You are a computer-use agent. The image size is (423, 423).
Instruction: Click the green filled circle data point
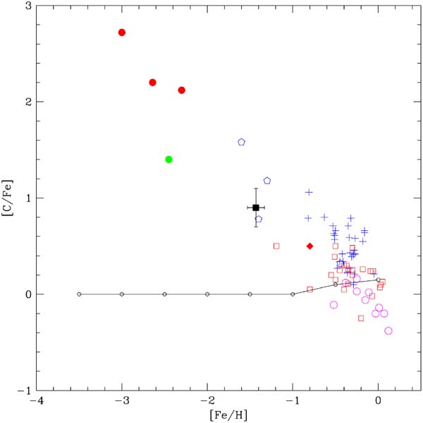pos(168,160)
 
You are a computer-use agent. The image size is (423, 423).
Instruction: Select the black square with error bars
pos(256,208)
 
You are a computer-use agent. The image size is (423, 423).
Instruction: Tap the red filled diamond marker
pos(309,246)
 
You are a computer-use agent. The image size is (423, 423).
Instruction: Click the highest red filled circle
pos(122,32)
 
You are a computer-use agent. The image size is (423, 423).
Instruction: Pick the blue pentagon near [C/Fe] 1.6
pos(241,142)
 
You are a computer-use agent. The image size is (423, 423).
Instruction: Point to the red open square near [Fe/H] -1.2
pos(276,246)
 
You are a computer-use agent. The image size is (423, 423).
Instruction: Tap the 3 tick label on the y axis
pos(26,6)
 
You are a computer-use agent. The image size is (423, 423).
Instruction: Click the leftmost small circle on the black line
pos(79,294)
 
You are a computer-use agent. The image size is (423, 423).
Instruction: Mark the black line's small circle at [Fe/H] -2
pos(207,294)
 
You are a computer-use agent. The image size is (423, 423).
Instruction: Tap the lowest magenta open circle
pos(388,330)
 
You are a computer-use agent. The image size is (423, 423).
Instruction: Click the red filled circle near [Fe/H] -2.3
pos(182,90)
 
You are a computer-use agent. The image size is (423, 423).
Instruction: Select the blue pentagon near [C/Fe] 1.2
pos(267,181)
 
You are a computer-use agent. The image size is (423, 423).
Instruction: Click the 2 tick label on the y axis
pos(26,102)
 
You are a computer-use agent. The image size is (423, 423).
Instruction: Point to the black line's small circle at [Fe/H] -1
pos(293,294)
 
